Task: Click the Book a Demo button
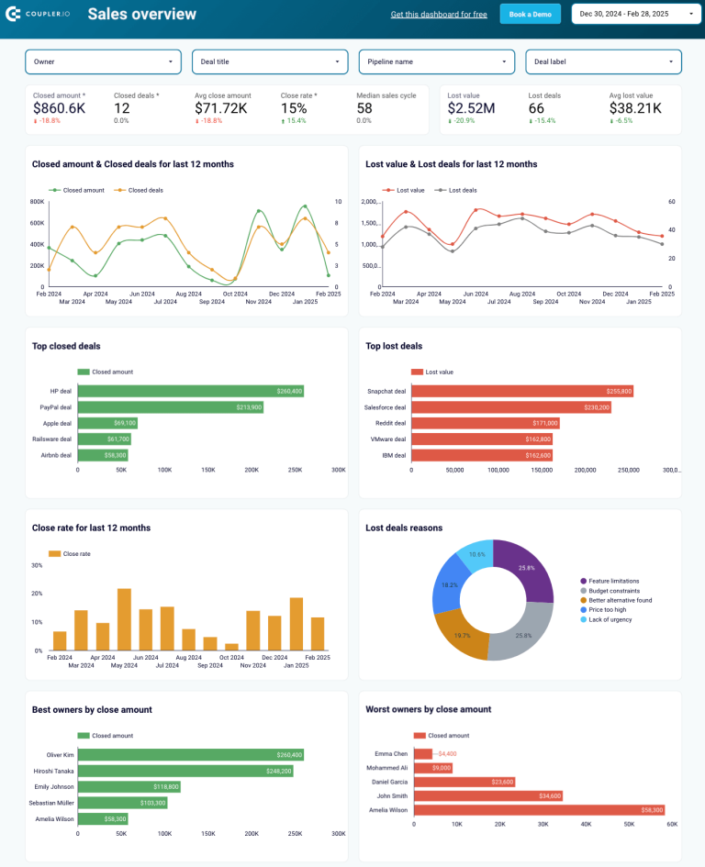click(x=530, y=14)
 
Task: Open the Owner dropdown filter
click(x=103, y=61)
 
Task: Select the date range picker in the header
click(x=634, y=14)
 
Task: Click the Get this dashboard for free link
click(x=439, y=15)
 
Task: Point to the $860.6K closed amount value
click(x=59, y=108)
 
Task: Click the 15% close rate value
click(x=293, y=108)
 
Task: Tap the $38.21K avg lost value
click(x=635, y=108)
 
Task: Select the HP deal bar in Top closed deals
click(x=190, y=392)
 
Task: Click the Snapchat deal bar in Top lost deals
click(x=521, y=392)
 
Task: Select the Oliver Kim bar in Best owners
click(x=190, y=755)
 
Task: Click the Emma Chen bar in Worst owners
click(x=422, y=754)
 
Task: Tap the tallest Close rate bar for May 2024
click(x=124, y=619)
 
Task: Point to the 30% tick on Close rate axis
click(x=38, y=565)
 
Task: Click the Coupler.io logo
click(x=39, y=14)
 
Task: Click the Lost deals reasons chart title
click(x=404, y=528)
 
